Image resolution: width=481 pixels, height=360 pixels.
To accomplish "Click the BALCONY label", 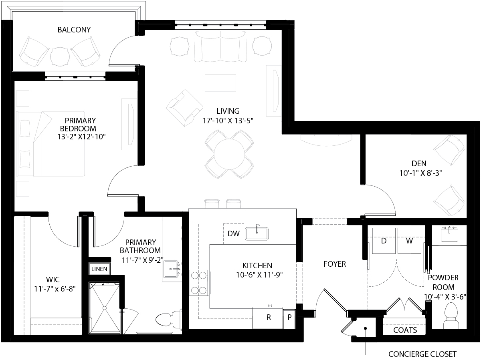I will [x=74, y=30].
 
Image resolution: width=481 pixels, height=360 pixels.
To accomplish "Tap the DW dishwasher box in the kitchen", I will [x=233, y=233].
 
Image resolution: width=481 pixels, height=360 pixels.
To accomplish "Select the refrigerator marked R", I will [x=268, y=318].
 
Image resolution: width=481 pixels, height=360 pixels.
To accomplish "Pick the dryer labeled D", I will [x=384, y=241].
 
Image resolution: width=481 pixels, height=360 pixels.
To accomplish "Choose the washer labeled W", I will [x=409, y=241].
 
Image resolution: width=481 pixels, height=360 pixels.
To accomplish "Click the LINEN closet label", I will [x=99, y=269].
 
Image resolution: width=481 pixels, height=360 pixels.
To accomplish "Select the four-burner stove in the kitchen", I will [x=200, y=283].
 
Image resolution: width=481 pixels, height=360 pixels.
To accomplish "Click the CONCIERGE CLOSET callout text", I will [x=422, y=354].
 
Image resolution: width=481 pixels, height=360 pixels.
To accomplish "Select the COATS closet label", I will [x=405, y=330].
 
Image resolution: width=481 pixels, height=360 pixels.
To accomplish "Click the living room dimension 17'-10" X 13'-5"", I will [x=228, y=120].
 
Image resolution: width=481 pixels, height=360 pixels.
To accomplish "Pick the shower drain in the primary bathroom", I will [x=104, y=308].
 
